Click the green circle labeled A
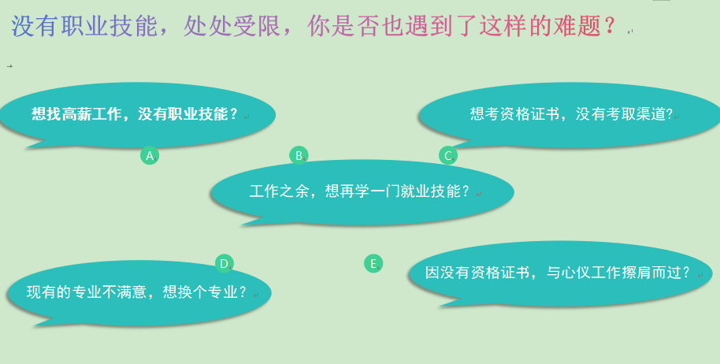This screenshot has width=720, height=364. pos(150,156)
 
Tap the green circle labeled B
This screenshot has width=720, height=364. pos(299,156)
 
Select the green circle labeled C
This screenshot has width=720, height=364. pos(448,156)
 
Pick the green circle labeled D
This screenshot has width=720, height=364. pos(224,263)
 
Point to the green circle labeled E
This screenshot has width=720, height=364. pos(373,263)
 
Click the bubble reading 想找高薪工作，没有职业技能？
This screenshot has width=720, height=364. pos(137,115)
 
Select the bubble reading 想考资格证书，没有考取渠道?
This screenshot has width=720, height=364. pos(570,115)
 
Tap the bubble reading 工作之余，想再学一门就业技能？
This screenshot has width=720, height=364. pos(362,192)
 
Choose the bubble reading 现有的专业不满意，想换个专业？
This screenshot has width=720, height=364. pos(139,293)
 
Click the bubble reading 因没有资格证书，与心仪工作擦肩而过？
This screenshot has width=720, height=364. pos(560,274)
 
